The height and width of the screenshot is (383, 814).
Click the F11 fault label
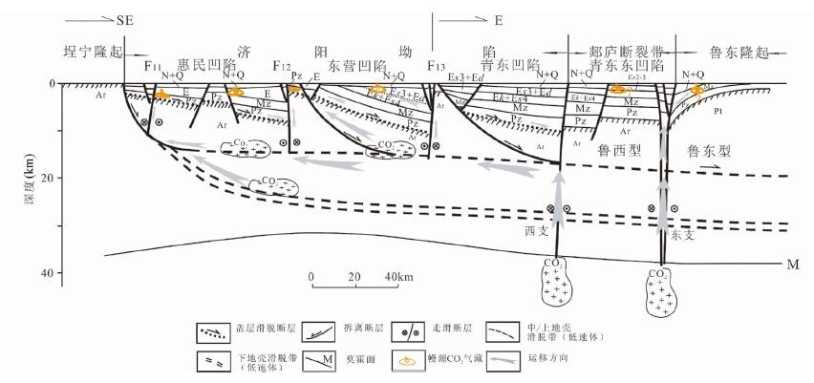(x=153, y=66)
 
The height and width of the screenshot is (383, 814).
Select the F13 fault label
(x=436, y=66)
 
